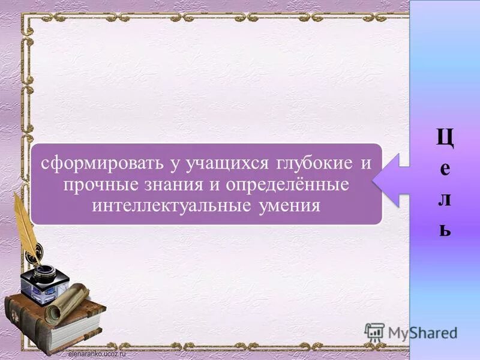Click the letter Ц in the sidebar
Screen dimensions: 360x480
(x=445, y=139)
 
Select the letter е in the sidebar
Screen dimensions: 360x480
(x=445, y=169)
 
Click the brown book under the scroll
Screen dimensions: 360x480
(x=54, y=327)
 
